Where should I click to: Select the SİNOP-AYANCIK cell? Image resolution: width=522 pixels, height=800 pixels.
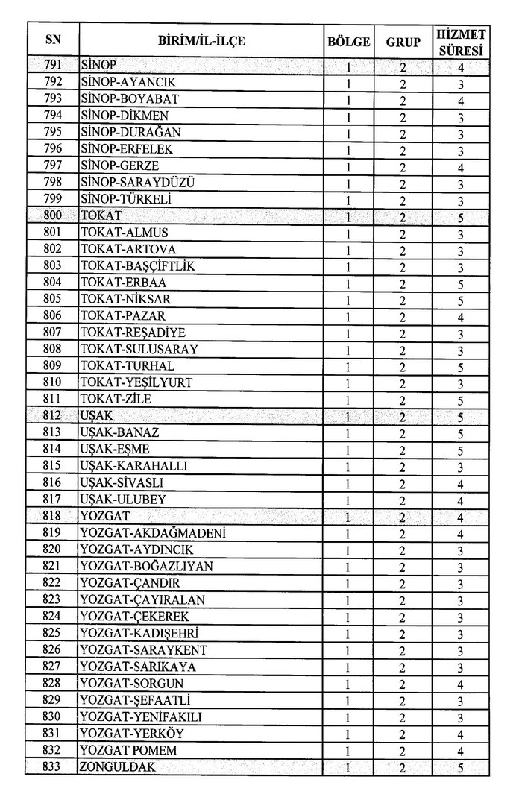128,82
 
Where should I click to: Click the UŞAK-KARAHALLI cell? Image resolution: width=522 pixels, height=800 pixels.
133,466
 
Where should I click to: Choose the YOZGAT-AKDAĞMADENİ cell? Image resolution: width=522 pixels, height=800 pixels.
153,533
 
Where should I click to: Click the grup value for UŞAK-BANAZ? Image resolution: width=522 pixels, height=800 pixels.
403,432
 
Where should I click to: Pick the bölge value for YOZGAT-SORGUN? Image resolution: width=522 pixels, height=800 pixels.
349,684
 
